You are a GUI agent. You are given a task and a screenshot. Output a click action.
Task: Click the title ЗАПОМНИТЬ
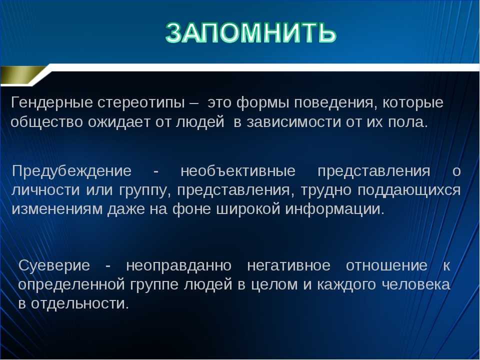[x=250, y=32]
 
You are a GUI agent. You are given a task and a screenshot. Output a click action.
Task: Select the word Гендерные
[x=51, y=103]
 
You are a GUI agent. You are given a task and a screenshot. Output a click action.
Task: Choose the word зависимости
[x=293, y=122]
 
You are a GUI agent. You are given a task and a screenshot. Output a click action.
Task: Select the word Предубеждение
[x=72, y=171]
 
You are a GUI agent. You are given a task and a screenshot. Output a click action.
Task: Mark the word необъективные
[x=238, y=171]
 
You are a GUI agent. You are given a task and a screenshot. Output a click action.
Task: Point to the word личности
[x=46, y=190]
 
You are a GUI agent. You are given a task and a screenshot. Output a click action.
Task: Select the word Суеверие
[x=54, y=265]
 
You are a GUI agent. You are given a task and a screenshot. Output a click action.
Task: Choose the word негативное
[x=288, y=265]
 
